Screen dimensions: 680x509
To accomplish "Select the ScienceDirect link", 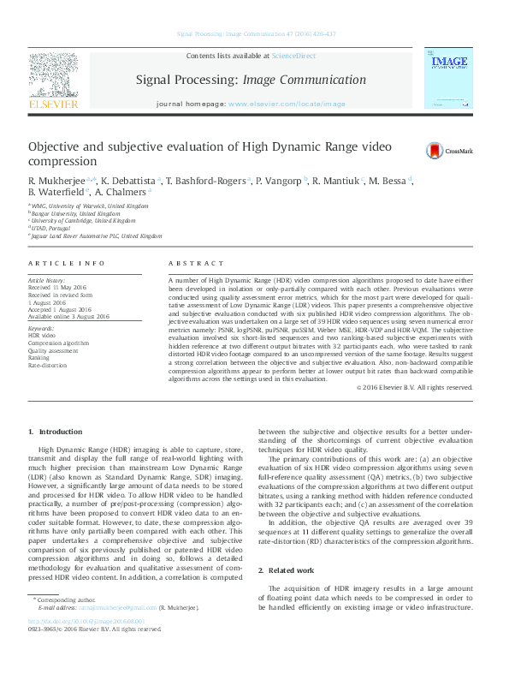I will (293, 56).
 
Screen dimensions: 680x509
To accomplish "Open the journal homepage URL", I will (287, 104).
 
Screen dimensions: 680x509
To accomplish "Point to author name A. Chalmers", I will (121, 193).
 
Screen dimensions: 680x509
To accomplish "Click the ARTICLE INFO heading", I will (67, 263).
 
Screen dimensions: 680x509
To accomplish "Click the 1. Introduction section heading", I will (56, 432).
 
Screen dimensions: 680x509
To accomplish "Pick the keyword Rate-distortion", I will (47, 366).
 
